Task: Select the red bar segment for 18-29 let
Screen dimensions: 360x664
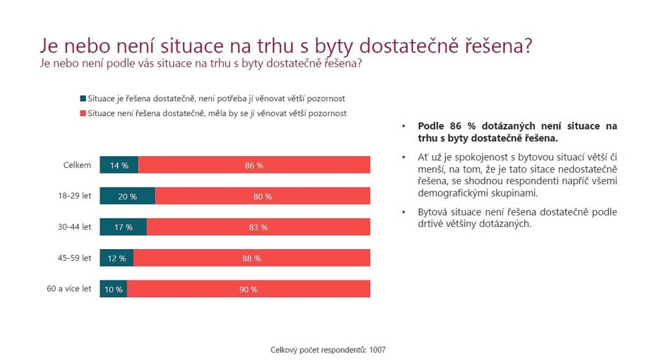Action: coord(263,196)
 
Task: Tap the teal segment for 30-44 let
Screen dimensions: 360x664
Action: coord(123,227)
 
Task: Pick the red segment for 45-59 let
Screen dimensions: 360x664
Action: coord(252,258)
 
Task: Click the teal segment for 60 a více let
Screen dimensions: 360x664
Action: coord(113,289)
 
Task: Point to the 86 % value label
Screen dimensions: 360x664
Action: coord(254,165)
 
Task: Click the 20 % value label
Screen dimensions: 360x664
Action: coord(128,197)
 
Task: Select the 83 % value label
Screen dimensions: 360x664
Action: coord(258,228)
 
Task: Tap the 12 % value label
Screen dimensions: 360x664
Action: coord(117,258)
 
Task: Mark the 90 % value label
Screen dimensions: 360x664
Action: coord(248,289)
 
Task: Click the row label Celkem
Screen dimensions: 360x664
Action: coord(77,165)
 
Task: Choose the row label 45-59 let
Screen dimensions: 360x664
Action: coord(75,258)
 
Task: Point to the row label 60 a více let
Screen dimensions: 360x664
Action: coord(69,289)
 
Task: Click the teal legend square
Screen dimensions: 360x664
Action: coord(82,99)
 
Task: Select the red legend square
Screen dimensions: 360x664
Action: coord(82,113)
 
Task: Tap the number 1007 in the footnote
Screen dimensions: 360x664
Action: coord(377,350)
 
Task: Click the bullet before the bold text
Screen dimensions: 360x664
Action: coord(405,126)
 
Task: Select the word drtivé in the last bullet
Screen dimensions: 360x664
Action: coord(433,224)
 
